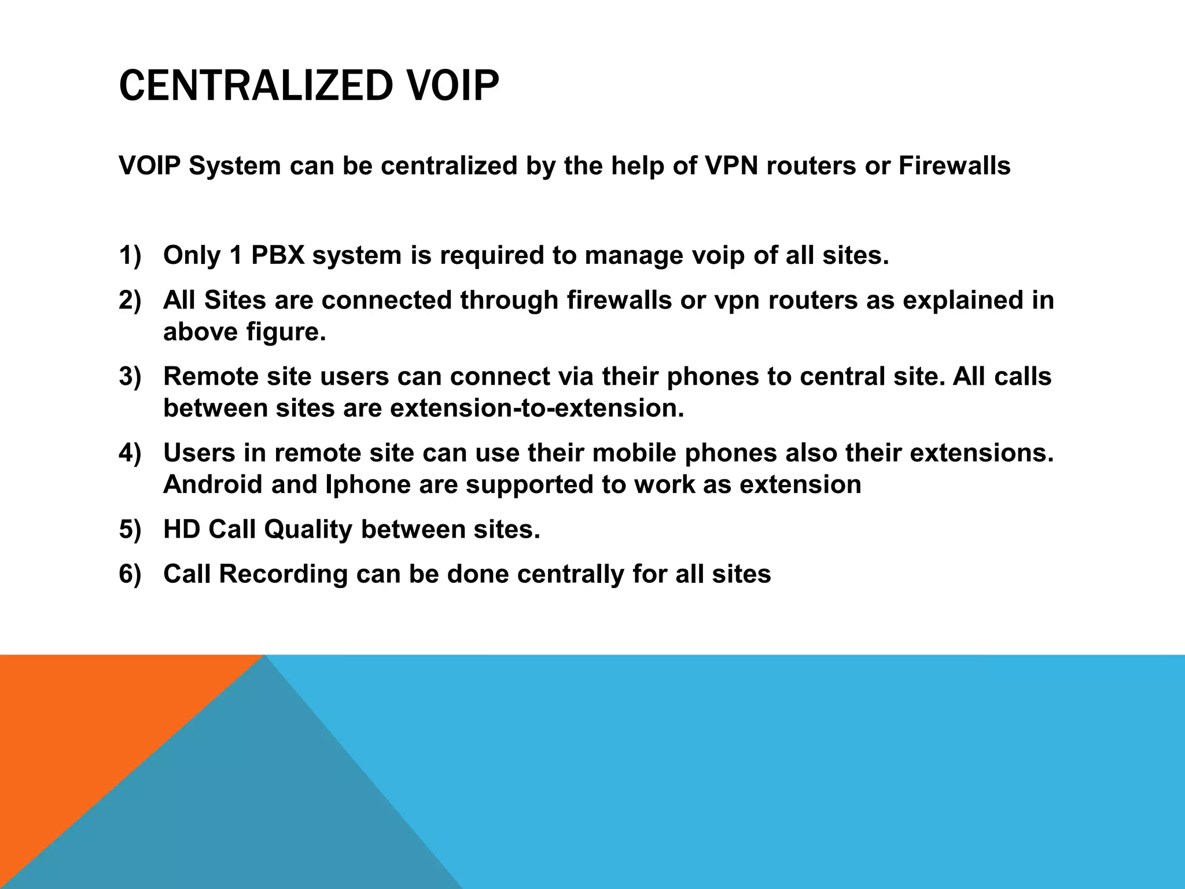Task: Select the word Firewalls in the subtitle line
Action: click(954, 166)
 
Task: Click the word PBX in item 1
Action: click(278, 255)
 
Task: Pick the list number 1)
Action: click(130, 255)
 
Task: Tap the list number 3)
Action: click(130, 376)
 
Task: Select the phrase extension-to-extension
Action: click(537, 408)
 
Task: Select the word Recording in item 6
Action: click(284, 574)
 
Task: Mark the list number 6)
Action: click(130, 574)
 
